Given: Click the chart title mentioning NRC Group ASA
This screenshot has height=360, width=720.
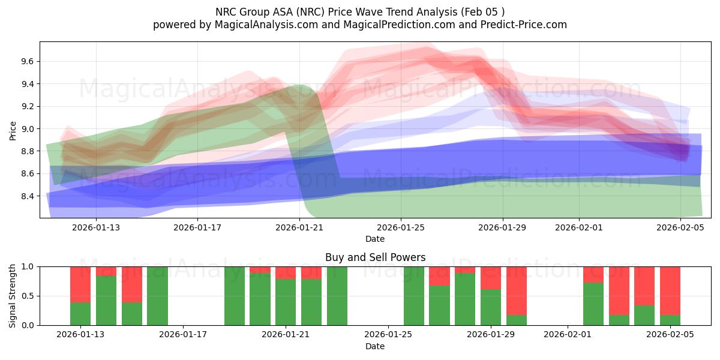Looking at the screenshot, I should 359,11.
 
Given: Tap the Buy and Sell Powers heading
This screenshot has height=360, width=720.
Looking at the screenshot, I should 375,257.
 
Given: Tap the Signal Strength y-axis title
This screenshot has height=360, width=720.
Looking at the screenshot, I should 13,296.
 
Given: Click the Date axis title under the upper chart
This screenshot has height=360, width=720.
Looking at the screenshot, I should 375,239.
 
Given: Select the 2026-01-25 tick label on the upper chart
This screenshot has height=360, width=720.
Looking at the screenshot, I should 401,227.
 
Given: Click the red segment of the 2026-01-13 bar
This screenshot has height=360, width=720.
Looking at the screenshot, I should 80,284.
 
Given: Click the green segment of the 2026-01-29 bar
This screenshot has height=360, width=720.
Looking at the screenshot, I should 491,307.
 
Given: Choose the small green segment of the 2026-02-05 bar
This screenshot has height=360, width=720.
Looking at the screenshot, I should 670,320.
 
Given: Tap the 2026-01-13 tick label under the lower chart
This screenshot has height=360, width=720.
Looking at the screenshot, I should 80,335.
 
